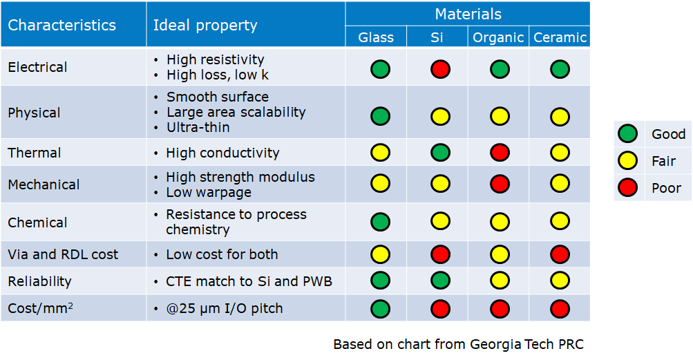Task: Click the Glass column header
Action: (376, 37)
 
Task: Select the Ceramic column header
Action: (560, 37)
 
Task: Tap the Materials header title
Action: (468, 14)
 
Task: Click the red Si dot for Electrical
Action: (440, 69)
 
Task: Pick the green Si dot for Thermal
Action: (440, 152)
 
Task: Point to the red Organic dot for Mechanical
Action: (500, 184)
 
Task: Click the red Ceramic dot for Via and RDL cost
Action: (560, 254)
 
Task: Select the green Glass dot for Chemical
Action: (380, 222)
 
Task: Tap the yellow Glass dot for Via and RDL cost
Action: (380, 254)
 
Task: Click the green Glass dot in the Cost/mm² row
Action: (380, 308)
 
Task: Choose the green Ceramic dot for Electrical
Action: (560, 69)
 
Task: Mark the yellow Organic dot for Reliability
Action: (500, 281)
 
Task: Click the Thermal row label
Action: (35, 153)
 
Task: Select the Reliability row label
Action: (39, 281)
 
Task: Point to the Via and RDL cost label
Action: (63, 254)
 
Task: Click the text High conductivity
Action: (222, 153)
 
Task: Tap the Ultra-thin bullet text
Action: (198, 127)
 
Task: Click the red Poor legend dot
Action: (627, 188)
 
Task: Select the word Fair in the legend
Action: (663, 161)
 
